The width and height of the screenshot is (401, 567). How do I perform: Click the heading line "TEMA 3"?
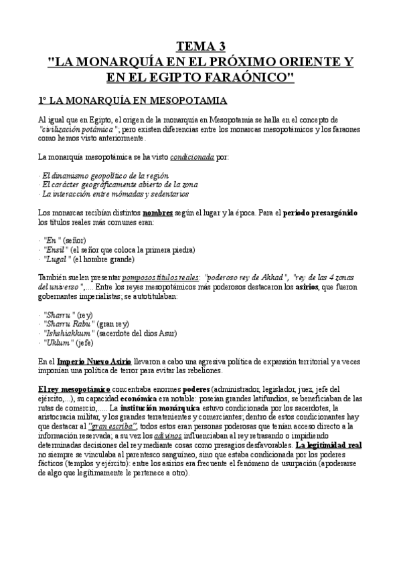click(x=201, y=46)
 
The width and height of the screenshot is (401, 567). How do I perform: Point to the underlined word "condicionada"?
click(x=192, y=158)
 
